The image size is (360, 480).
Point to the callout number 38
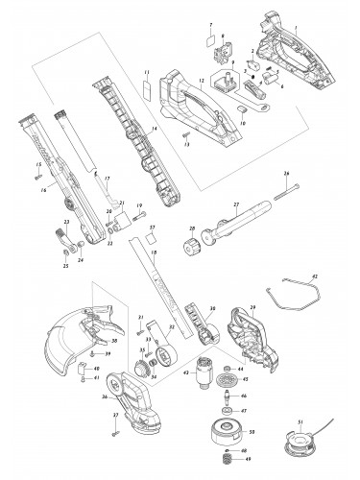114,340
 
